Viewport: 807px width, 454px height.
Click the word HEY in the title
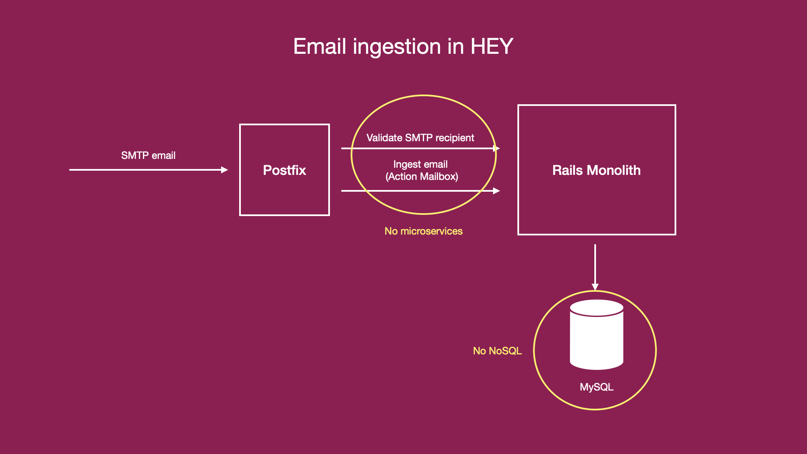coord(492,46)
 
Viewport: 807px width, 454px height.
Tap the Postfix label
coord(285,170)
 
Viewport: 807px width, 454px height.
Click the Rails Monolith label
coord(596,170)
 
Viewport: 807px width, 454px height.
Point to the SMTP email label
coord(148,156)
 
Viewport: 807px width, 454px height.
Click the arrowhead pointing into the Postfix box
coord(224,170)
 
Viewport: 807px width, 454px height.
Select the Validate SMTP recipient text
coord(420,138)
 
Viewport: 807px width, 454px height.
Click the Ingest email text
coord(420,164)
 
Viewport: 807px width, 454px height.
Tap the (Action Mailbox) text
coord(422,177)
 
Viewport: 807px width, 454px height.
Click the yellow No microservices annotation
coord(424,231)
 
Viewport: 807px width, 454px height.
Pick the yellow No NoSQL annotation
coord(498,351)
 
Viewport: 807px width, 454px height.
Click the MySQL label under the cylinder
coord(597,387)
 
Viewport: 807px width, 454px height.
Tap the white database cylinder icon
coord(596,335)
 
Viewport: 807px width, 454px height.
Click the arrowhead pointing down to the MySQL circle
coord(595,287)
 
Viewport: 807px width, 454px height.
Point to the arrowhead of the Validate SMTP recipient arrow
coord(496,148)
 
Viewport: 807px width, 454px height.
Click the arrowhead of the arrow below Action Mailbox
coord(496,191)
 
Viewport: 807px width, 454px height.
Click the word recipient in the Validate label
coord(455,138)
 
